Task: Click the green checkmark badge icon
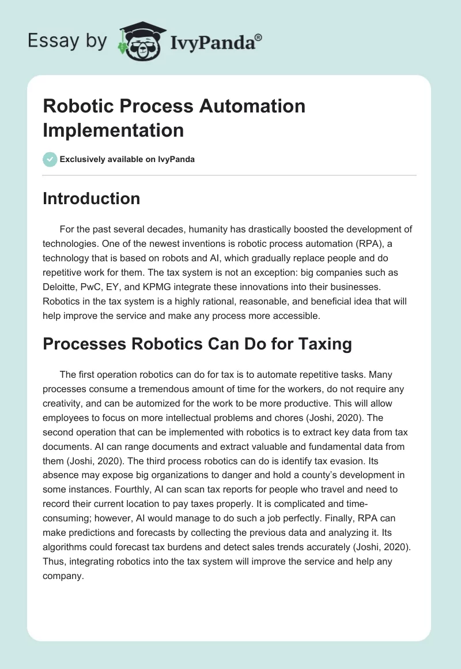(x=50, y=159)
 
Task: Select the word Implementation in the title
(x=114, y=130)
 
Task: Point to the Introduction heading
(x=92, y=198)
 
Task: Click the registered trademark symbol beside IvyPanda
(x=259, y=36)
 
